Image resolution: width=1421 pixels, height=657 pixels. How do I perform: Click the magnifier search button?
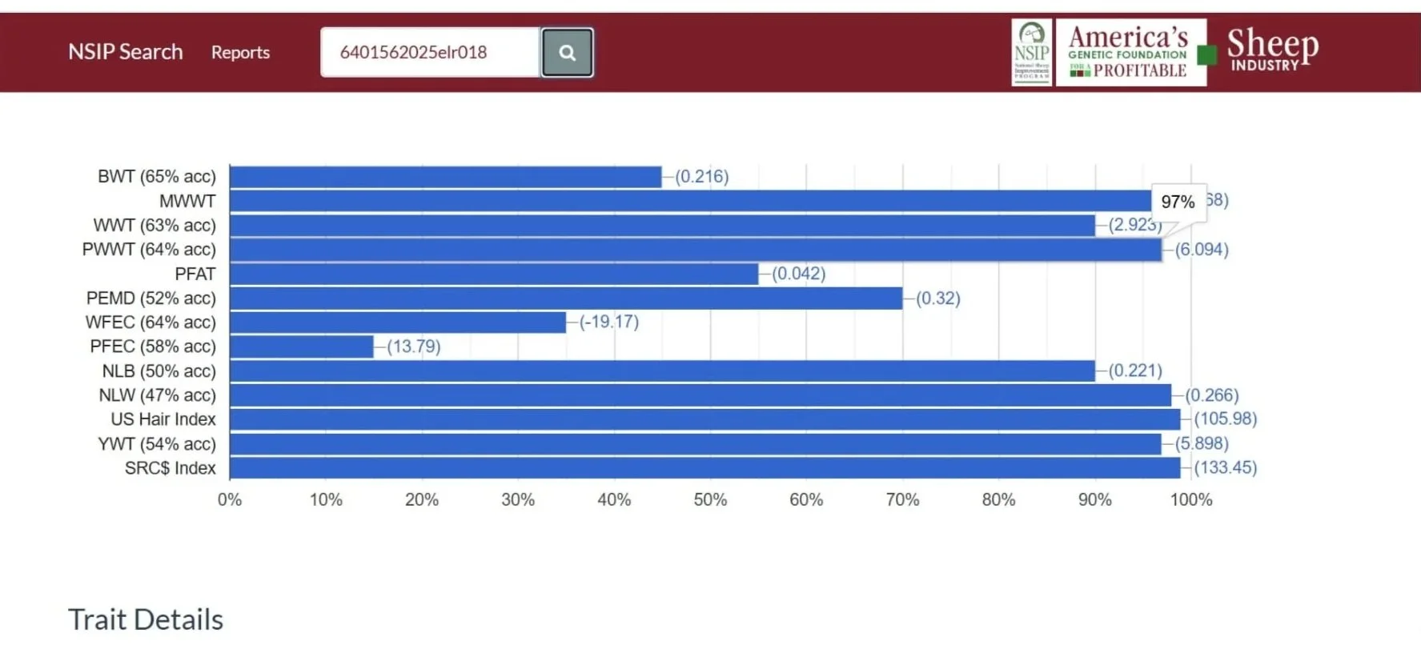point(567,53)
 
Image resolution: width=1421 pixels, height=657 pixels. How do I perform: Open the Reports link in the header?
point(240,53)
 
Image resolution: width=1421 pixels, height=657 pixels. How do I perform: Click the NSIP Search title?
point(126,52)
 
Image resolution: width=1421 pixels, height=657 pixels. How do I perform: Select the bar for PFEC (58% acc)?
point(301,347)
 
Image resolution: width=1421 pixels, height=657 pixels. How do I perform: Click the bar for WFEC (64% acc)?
point(397,322)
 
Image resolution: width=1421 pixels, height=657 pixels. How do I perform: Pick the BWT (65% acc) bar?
point(445,177)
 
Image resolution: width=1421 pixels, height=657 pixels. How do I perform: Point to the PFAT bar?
point(493,274)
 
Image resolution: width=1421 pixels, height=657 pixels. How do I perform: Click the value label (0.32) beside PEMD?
point(937,298)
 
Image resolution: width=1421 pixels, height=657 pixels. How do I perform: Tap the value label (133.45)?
point(1225,467)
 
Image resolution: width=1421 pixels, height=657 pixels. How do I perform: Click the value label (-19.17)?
point(608,322)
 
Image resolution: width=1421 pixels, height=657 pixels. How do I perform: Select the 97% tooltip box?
point(1178,202)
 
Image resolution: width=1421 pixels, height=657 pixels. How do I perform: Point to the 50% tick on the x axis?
point(710,500)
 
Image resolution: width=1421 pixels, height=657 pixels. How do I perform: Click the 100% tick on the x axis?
point(1190,500)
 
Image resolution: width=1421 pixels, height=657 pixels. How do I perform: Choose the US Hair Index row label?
point(163,419)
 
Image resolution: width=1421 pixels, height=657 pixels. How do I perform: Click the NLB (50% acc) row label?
point(159,371)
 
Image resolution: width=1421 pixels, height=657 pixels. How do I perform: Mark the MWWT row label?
point(187,202)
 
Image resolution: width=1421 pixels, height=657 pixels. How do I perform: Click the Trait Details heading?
point(146,620)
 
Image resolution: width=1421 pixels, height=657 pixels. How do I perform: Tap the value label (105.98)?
point(1225,419)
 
